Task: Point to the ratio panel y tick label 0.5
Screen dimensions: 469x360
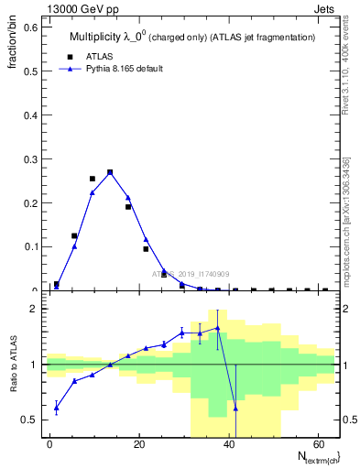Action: tap(31, 420)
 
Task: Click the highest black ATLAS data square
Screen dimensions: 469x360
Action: tap(110, 172)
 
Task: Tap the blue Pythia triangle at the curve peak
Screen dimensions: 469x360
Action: tap(110, 171)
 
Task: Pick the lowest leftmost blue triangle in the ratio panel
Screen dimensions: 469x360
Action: tap(57, 408)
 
